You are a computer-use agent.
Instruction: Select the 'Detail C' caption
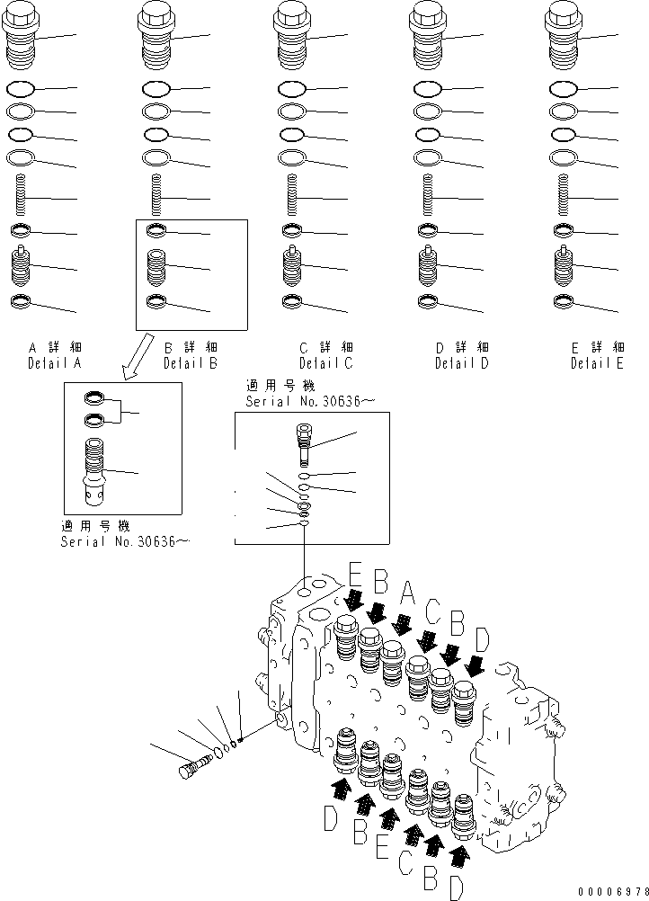(326, 364)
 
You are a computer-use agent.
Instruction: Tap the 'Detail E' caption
(597, 364)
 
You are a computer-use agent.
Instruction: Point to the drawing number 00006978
(605, 889)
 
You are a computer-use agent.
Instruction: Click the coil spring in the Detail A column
(21, 197)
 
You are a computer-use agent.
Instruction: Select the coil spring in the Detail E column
(564, 197)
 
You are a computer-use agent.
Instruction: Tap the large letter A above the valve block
(407, 593)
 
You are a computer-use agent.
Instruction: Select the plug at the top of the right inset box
(304, 441)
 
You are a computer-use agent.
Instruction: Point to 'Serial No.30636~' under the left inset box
(125, 542)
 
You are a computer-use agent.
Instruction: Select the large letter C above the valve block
(433, 611)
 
